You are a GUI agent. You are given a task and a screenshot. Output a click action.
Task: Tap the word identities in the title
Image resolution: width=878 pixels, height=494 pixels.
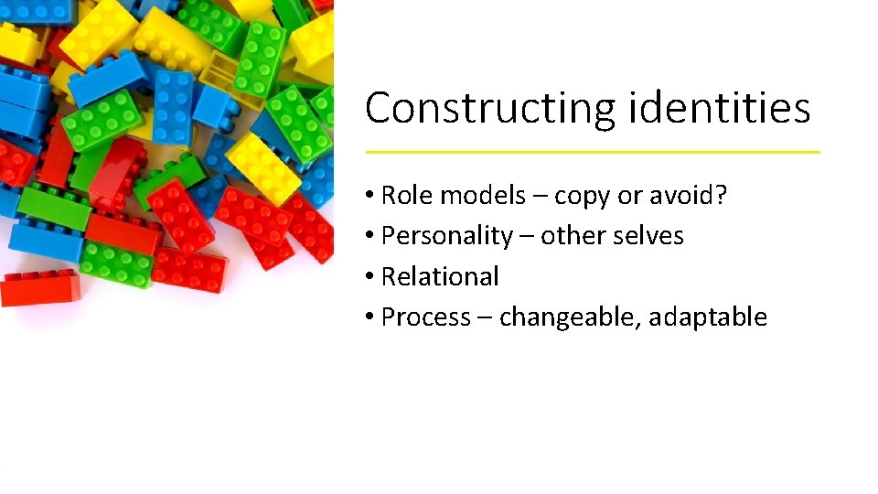720,107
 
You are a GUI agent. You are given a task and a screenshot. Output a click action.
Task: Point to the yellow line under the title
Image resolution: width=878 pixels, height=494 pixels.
593,152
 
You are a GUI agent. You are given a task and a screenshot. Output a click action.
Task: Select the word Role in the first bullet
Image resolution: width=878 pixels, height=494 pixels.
403,196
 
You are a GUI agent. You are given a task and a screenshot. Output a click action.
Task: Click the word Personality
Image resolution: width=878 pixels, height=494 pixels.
446,237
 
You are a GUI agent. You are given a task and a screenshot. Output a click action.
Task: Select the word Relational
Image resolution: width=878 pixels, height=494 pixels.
440,276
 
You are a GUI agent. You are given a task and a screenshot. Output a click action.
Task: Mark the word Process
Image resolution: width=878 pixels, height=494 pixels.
425,317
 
